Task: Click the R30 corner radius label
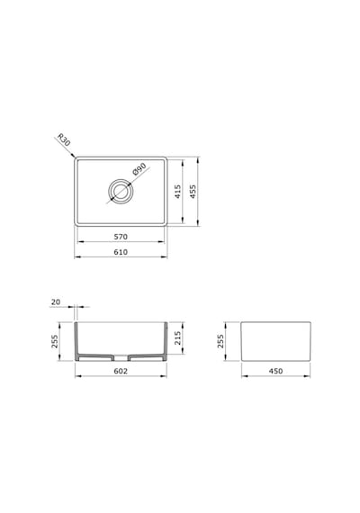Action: pyautogui.click(x=64, y=139)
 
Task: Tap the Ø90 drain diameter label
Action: pyautogui.click(x=139, y=169)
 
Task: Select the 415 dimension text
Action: pyautogui.click(x=177, y=192)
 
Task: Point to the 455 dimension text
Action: pyautogui.click(x=193, y=192)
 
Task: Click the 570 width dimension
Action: pyautogui.click(x=121, y=237)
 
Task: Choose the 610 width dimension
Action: pyautogui.click(x=121, y=252)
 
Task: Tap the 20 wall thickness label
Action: pyautogui.click(x=56, y=302)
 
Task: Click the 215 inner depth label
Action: pyautogui.click(x=177, y=338)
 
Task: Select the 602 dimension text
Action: pyautogui.click(x=121, y=371)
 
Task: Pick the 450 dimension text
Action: pyautogui.click(x=275, y=371)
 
